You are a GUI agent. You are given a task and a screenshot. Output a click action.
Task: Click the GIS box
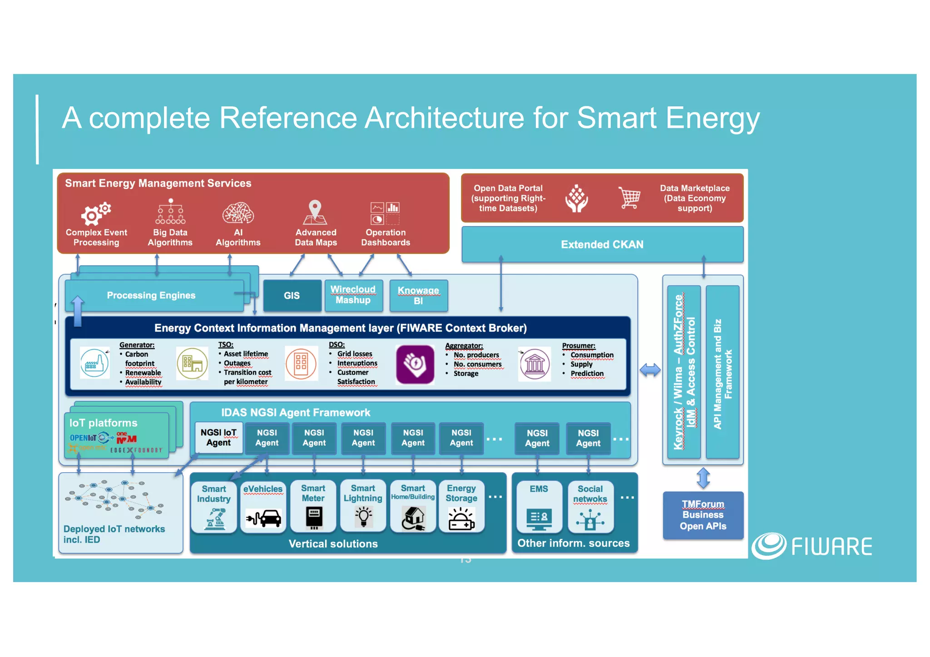(292, 296)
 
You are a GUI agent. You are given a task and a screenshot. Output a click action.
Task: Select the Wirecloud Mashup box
(353, 295)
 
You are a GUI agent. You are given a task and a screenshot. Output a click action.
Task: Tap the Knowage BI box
(418, 296)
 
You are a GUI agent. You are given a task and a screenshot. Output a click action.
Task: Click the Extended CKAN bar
(602, 245)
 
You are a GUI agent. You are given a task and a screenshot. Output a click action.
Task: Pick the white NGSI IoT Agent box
(218, 438)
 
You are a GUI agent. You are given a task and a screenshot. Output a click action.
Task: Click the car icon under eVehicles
(263, 518)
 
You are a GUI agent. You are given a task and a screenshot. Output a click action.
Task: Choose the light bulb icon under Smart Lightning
(363, 517)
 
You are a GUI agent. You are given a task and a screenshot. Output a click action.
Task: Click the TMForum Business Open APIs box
(703, 515)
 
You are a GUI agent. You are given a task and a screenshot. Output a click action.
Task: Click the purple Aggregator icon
(415, 364)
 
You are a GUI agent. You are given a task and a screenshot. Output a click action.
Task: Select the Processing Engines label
(151, 296)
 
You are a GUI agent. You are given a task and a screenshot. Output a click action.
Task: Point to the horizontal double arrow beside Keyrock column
(650, 370)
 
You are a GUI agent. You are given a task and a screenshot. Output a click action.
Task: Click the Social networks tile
(590, 507)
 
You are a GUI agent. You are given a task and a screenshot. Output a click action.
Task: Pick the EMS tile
(539, 507)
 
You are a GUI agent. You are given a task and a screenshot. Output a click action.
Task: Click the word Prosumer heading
(578, 346)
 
